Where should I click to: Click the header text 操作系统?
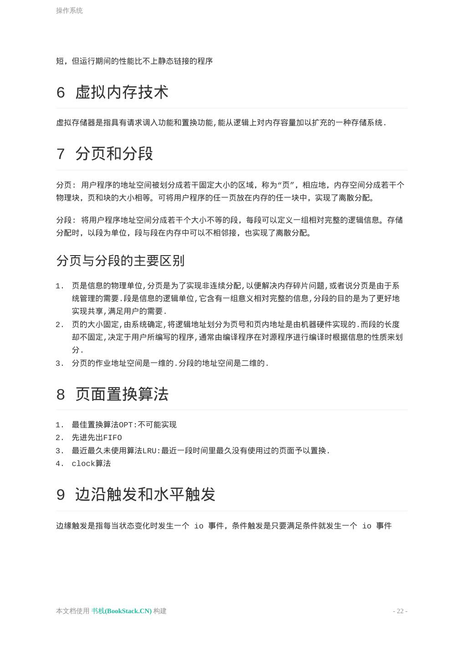(69, 10)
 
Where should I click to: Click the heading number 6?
(61, 92)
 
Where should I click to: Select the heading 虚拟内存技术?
(122, 92)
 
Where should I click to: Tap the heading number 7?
(61, 154)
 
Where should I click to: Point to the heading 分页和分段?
(114, 154)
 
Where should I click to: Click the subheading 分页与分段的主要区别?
(120, 261)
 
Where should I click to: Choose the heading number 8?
(61, 395)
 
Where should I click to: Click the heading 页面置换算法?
(122, 394)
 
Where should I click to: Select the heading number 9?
(61, 495)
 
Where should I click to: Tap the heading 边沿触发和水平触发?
(145, 494)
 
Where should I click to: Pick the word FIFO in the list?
(112, 438)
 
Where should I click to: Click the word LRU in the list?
(149, 451)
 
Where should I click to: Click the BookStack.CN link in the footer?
(122, 611)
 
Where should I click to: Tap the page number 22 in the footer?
(400, 611)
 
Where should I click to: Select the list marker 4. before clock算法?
(60, 464)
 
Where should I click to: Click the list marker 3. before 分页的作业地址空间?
(60, 364)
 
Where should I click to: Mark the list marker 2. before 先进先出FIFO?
(60, 438)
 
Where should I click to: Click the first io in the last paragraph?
(199, 526)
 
